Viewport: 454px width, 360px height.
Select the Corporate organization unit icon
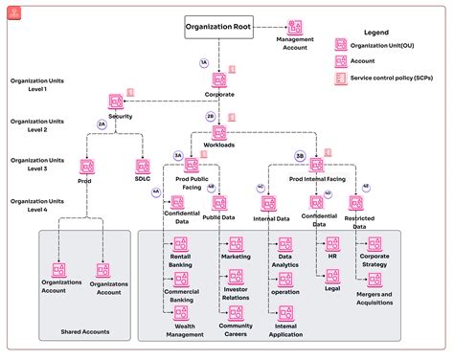219,80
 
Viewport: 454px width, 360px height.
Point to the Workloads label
219,145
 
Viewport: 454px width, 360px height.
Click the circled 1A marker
203,62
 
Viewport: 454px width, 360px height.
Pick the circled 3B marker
300,154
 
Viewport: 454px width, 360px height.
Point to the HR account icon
332,244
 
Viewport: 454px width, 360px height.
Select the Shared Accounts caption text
85,331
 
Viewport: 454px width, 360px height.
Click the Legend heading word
375,33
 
